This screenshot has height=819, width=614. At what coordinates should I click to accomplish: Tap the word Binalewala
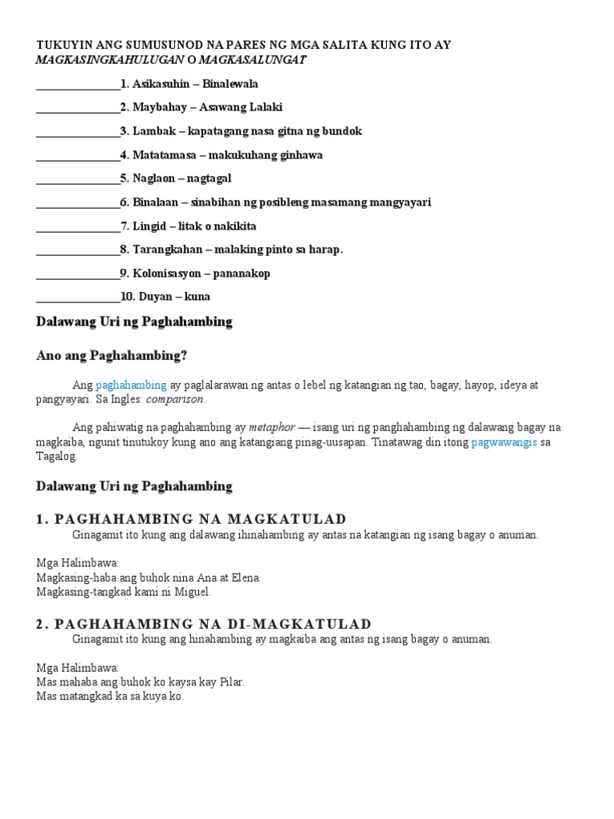[x=230, y=84]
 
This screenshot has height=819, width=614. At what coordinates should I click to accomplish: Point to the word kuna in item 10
[x=197, y=297]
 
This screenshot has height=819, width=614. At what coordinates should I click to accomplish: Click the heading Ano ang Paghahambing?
[x=111, y=355]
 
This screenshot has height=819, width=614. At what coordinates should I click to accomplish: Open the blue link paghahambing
[x=131, y=386]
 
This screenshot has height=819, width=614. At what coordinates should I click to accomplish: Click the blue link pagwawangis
[x=504, y=442]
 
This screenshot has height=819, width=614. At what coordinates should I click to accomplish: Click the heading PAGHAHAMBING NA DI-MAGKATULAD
[x=204, y=624]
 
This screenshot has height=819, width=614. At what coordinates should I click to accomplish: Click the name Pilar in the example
[x=228, y=682]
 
